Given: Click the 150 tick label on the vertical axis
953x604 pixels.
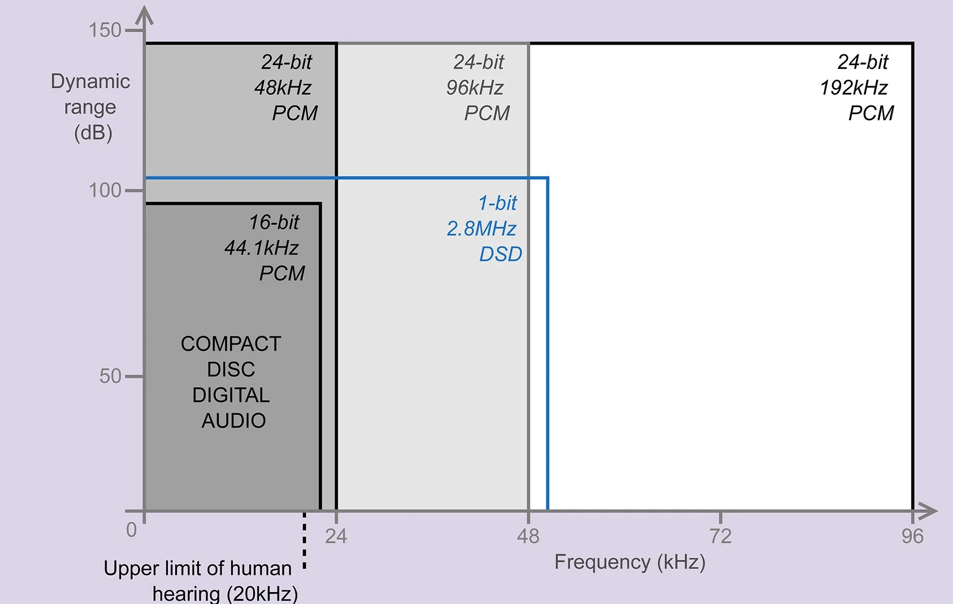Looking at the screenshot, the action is pyautogui.click(x=105, y=30).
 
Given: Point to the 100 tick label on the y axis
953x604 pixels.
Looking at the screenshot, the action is pyautogui.click(x=105, y=190).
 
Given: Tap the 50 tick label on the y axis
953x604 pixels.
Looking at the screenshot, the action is pyautogui.click(x=111, y=376).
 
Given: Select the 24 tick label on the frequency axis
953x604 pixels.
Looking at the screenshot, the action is pyautogui.click(x=336, y=536).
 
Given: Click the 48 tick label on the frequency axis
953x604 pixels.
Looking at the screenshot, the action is pyautogui.click(x=528, y=536).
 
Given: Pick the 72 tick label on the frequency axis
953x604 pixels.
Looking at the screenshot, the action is pyautogui.click(x=720, y=536).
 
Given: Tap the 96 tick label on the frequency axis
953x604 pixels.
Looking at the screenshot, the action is pyautogui.click(x=913, y=536).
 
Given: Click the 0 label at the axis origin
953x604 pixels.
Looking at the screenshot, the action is pyautogui.click(x=131, y=530).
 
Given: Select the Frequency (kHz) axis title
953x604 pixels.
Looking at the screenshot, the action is pyautogui.click(x=630, y=562).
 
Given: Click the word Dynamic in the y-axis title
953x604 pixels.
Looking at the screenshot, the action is pyautogui.click(x=90, y=81).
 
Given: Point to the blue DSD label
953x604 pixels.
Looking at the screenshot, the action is pyautogui.click(x=501, y=254).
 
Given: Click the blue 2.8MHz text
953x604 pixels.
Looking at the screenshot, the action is pyautogui.click(x=481, y=229).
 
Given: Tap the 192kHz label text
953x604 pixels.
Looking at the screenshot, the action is pyautogui.click(x=854, y=88).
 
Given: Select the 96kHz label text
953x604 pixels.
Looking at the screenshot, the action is pyautogui.click(x=475, y=88).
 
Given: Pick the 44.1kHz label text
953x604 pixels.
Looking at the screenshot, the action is pyautogui.click(x=261, y=248).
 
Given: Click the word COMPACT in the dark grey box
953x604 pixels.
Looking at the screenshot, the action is pyautogui.click(x=231, y=344).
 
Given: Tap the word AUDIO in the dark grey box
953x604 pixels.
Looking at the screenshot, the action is pyautogui.click(x=233, y=421).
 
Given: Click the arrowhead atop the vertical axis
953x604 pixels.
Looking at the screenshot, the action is pyautogui.click(x=144, y=15).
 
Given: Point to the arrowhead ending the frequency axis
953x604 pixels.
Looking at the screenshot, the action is pyautogui.click(x=927, y=511).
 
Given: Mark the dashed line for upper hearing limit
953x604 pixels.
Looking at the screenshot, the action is pyautogui.click(x=304, y=541).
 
